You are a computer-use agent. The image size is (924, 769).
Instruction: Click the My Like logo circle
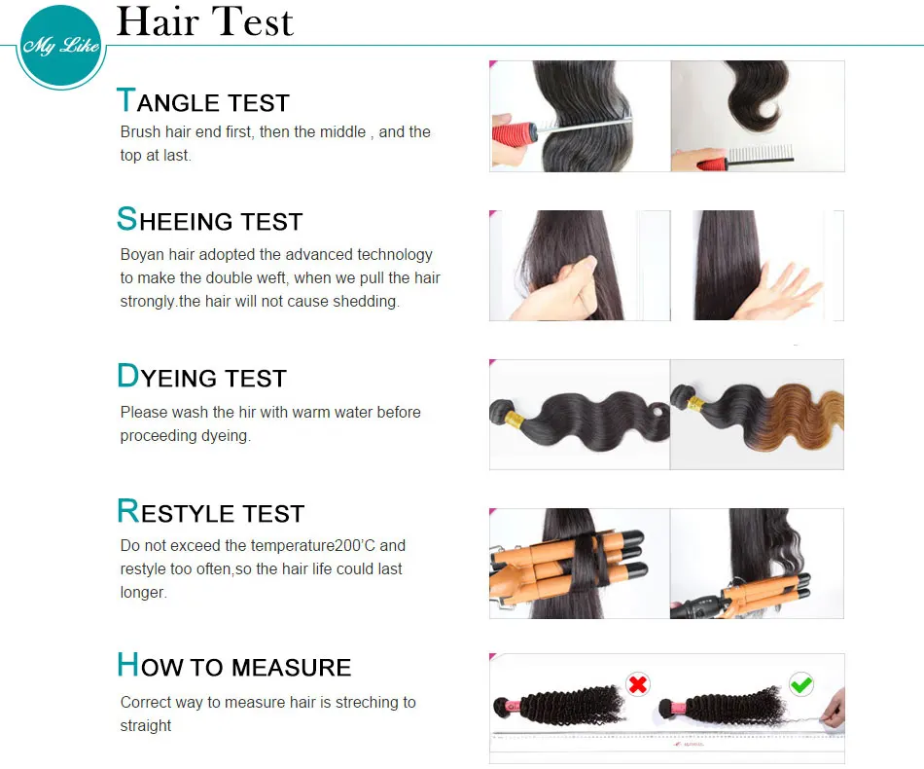(x=60, y=46)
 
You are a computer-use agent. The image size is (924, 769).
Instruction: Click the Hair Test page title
(x=204, y=22)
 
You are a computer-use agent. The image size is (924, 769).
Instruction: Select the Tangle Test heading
(x=203, y=101)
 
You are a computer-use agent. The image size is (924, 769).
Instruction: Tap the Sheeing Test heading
(x=210, y=220)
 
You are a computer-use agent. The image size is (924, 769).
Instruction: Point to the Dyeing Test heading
(x=201, y=377)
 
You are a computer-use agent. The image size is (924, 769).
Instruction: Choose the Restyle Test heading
(x=211, y=512)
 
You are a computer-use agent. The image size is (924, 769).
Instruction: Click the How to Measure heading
(x=233, y=666)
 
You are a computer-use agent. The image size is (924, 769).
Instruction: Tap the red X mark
(x=638, y=684)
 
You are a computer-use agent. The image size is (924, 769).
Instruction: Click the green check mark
(x=801, y=684)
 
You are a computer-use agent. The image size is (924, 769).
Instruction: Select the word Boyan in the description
(x=141, y=255)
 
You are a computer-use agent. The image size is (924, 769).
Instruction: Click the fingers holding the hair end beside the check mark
(x=832, y=715)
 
